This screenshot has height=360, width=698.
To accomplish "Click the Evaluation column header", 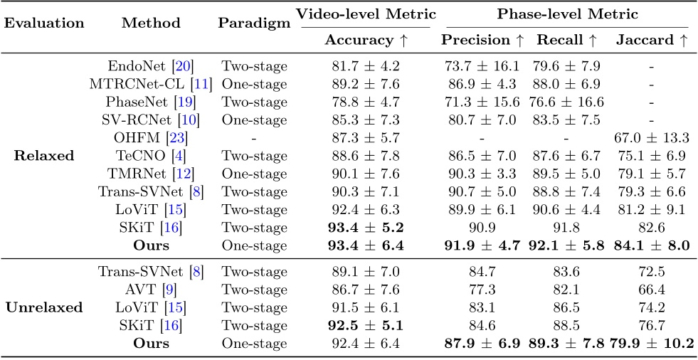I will [x=46, y=23].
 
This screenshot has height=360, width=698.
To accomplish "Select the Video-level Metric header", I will [x=366, y=14].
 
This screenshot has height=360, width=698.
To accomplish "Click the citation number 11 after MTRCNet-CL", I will [x=201, y=85].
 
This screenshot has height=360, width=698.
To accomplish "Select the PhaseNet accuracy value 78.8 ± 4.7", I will [x=366, y=102].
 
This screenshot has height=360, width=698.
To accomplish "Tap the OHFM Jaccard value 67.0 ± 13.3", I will [x=652, y=138].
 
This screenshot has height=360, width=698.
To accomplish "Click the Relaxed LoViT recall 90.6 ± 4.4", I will [x=566, y=209].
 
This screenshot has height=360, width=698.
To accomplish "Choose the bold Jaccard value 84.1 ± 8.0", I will [x=652, y=245].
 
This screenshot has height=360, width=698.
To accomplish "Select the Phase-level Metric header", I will [x=566, y=14].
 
